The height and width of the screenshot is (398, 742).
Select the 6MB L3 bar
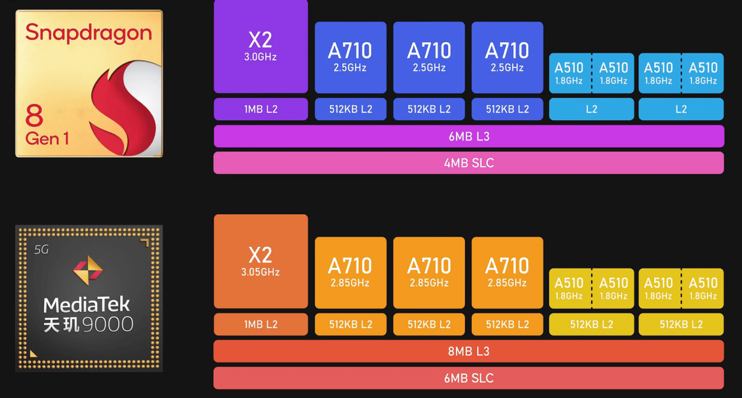(469, 136)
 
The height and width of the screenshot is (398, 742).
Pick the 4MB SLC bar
(469, 163)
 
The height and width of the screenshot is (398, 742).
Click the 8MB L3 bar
(469, 351)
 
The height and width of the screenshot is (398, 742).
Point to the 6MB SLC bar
(469, 378)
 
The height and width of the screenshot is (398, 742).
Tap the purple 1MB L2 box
(260, 109)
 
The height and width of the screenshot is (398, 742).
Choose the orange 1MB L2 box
(260, 324)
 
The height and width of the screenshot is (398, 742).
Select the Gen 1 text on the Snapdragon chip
(48, 138)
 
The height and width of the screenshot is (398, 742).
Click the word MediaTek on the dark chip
(87, 305)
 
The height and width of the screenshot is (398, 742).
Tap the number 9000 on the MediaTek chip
(109, 324)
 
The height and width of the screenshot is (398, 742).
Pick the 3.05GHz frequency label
(260, 272)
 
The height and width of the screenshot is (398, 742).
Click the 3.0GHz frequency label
(260, 57)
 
